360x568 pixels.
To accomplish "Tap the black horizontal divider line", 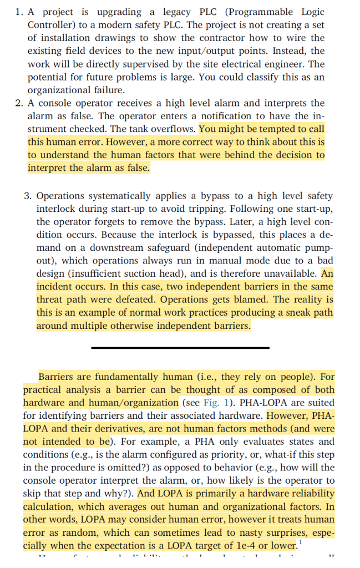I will pos(180,348).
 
